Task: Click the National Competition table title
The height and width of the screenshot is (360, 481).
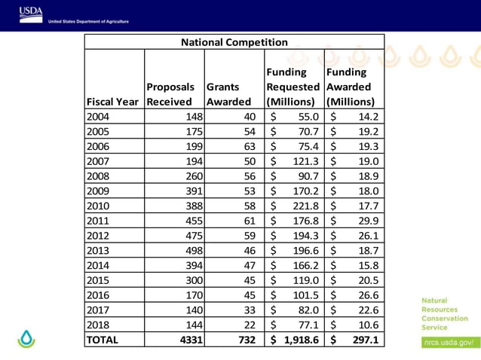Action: (x=234, y=42)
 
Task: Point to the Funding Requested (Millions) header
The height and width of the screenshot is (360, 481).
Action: (x=293, y=87)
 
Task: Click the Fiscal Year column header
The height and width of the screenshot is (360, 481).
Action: (x=113, y=102)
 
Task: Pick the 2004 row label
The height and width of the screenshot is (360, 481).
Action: (x=98, y=117)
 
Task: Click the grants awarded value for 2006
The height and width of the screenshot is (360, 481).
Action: (x=249, y=146)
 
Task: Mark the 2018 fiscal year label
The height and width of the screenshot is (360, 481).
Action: (x=98, y=325)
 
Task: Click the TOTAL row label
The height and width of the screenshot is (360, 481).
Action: (x=103, y=340)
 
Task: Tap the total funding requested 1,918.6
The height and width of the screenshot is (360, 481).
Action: (x=302, y=340)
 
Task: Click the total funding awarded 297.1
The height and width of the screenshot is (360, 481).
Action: (x=363, y=340)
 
